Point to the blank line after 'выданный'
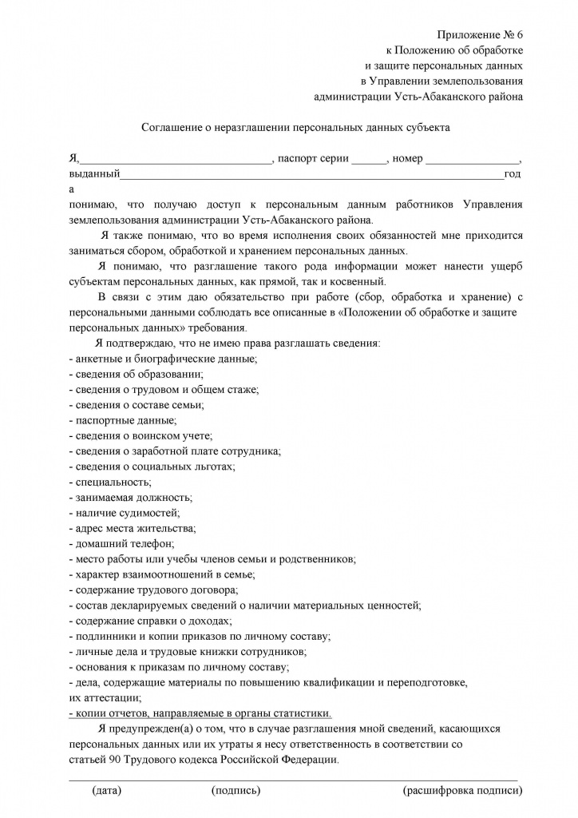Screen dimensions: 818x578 coord(311,174)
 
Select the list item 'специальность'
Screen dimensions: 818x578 coord(111,482)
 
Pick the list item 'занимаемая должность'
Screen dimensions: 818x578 coord(133,497)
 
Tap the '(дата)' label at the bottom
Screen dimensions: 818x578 coord(107,791)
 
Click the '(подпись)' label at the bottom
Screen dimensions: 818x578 coord(236,791)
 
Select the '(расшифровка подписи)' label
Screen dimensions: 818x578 coord(463,791)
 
